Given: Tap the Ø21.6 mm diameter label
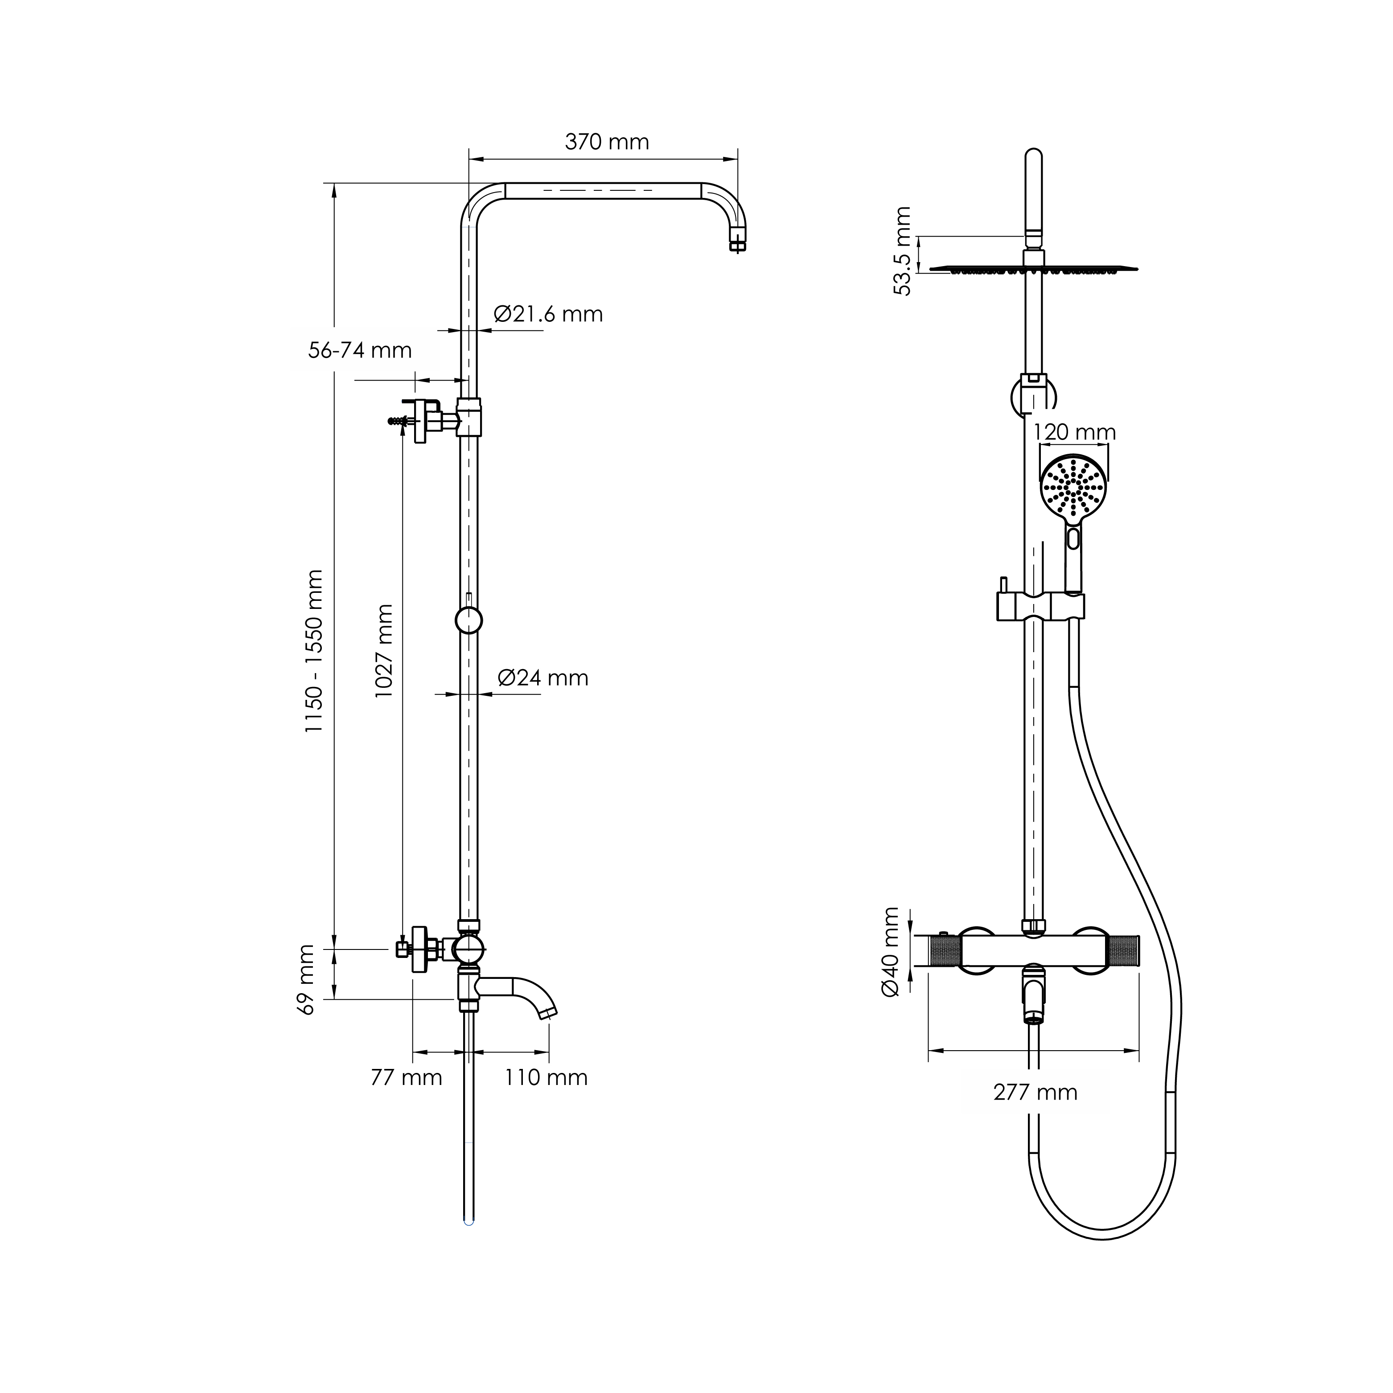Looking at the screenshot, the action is pyautogui.click(x=548, y=314).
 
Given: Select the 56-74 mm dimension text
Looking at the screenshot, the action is pyautogui.click(x=360, y=350).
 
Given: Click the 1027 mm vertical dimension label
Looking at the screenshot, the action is pyautogui.click(x=384, y=650).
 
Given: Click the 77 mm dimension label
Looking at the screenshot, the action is pyautogui.click(x=406, y=1077).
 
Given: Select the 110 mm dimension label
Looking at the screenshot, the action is pyautogui.click(x=546, y=1077).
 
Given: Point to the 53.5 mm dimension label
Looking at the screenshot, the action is pyautogui.click(x=902, y=251).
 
